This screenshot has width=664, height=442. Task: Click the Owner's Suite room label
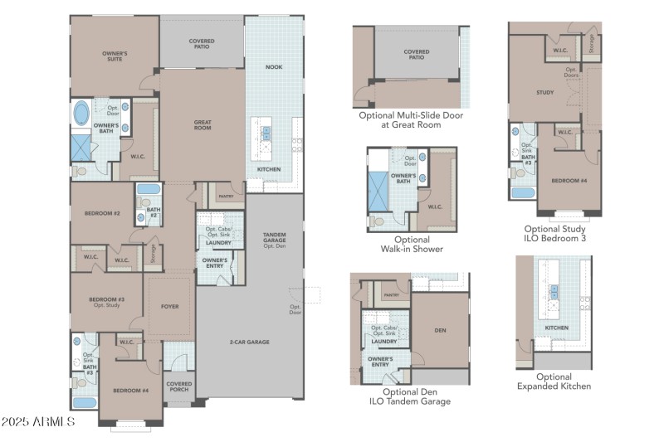pos(115,56)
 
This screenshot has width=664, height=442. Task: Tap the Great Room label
pos(203,125)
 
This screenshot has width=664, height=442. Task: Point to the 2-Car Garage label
pos(249,342)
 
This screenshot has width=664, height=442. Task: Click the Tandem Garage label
pos(274,240)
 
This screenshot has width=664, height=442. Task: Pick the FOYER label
pos(169,307)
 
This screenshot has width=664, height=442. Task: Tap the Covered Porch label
pos(178,387)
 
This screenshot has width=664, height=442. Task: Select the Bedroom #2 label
pos(102,214)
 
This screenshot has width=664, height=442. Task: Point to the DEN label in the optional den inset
pos(440,330)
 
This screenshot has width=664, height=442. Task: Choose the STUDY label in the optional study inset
pos(544,93)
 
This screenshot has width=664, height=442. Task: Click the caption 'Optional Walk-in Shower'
pos(412,244)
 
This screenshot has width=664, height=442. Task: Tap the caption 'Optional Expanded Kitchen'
pos(554,381)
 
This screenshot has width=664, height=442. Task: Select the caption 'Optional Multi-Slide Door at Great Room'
pos(411,119)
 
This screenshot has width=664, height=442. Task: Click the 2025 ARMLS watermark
pos(38,423)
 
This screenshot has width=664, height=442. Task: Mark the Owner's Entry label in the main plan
pos(215,263)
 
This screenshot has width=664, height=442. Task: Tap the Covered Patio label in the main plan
pos(202,43)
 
